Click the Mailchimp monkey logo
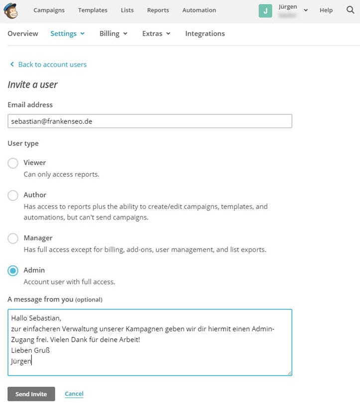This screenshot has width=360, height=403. pos(11,10)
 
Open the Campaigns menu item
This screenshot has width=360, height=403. pos(49,10)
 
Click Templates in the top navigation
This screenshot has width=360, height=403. pos(93,10)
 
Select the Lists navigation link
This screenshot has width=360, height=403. pos(127,10)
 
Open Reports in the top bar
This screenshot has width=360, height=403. pos(158,10)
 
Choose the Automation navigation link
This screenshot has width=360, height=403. pos(199,10)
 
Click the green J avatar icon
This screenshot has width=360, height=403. pos(265,10)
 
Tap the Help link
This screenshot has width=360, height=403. pos(326,10)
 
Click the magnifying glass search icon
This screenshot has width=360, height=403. pos(350,10)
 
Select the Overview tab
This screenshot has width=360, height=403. pos(23,33)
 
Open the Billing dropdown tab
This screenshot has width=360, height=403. pos(114,33)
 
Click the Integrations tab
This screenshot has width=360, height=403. pos(205,33)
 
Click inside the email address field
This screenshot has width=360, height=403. pos(149,121)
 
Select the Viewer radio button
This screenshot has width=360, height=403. pos(13,163)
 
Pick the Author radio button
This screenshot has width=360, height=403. pos(13,196)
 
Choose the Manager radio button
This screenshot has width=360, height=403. pos(13,238)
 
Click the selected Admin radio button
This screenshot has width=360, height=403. pos(13,271)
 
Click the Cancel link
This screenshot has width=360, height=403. pos(74,394)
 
